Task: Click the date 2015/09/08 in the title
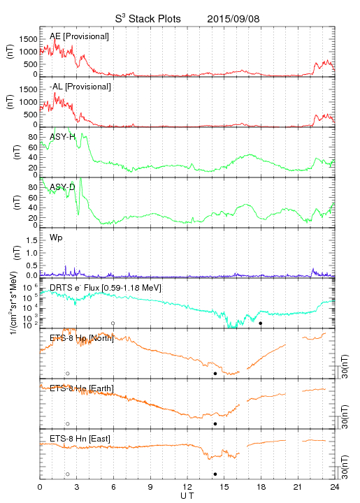point(233,19)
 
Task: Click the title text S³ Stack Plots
point(148,19)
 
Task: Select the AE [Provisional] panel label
point(79,36)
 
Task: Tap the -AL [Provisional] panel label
point(80,87)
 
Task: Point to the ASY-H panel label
point(62,137)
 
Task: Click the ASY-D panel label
point(62,187)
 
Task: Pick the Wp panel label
point(56,238)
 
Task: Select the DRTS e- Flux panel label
point(106,288)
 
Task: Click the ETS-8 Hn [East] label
point(80,439)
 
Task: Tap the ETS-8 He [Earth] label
point(82,388)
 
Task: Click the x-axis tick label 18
point(261,487)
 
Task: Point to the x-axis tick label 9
point(150,487)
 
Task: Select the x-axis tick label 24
point(335,487)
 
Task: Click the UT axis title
point(187,496)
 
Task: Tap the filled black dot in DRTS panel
point(261,323)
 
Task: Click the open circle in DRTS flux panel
point(113,323)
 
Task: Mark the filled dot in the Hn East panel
point(215,474)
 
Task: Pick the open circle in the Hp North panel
point(68,374)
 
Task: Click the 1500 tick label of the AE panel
point(29,39)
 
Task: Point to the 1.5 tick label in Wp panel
point(31,240)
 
